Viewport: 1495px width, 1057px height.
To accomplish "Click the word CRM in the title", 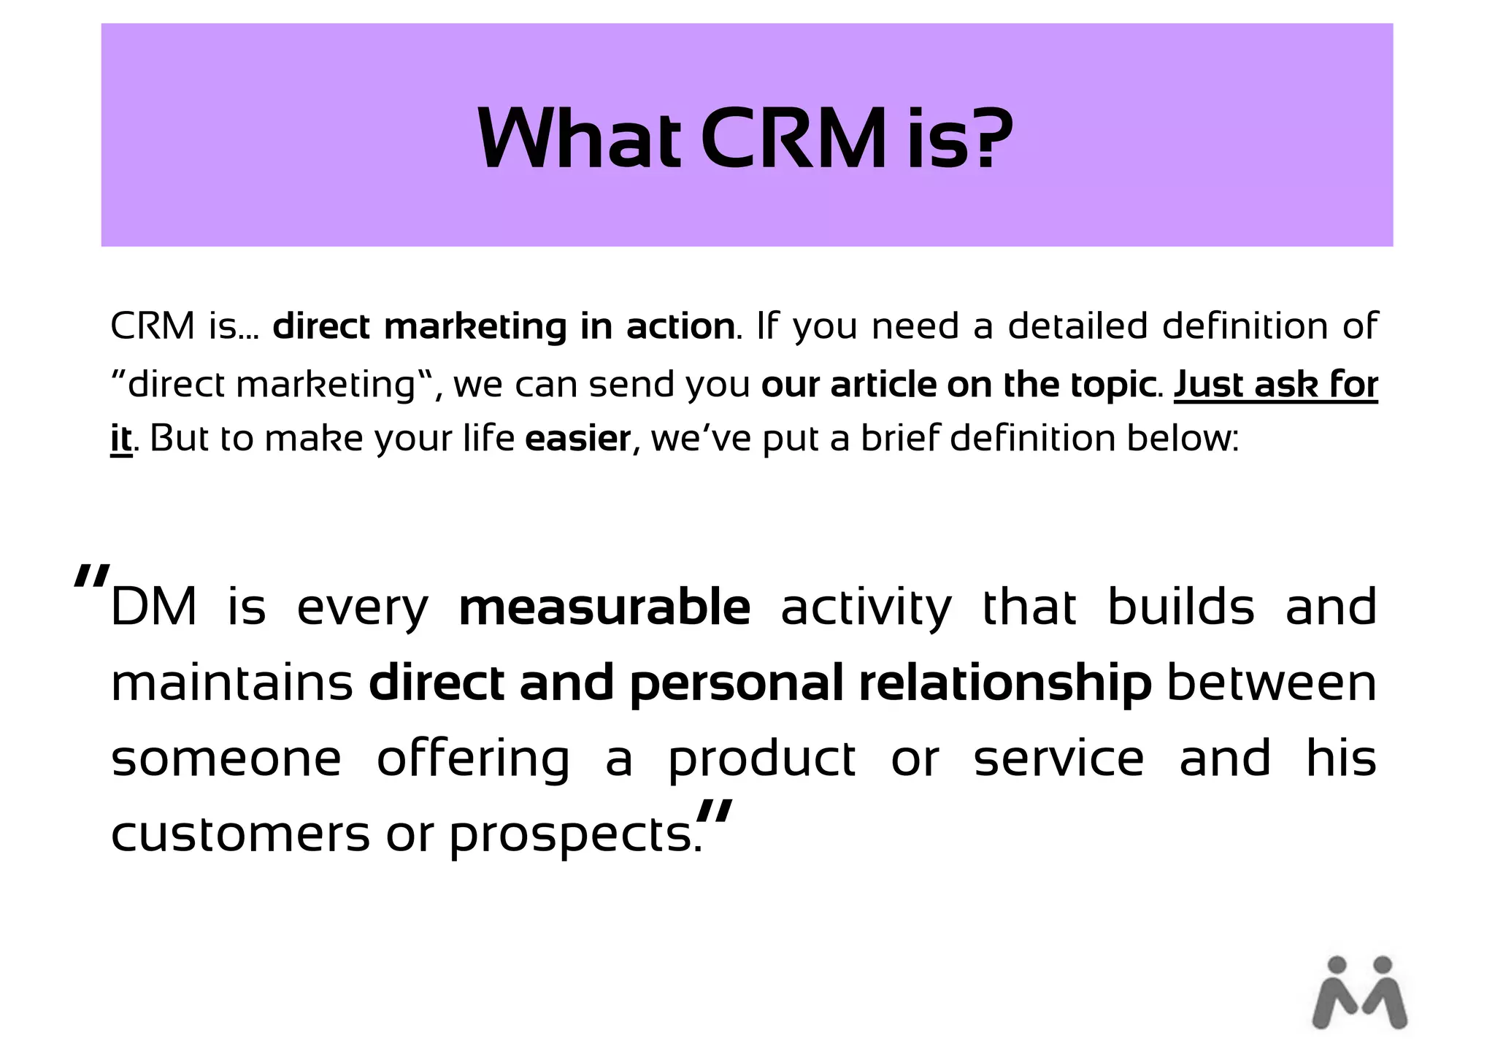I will [x=793, y=139].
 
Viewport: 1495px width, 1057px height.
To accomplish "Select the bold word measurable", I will [x=604, y=607].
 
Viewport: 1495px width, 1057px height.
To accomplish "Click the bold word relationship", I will [x=1004, y=683].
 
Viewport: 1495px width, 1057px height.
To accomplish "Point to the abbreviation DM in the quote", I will [x=154, y=607].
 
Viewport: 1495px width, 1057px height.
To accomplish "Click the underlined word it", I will [x=121, y=439].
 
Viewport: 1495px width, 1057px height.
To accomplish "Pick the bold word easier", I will [x=578, y=439].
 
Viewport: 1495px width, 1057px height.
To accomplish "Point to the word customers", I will [x=240, y=834].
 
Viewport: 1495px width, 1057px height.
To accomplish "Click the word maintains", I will [x=232, y=683].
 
